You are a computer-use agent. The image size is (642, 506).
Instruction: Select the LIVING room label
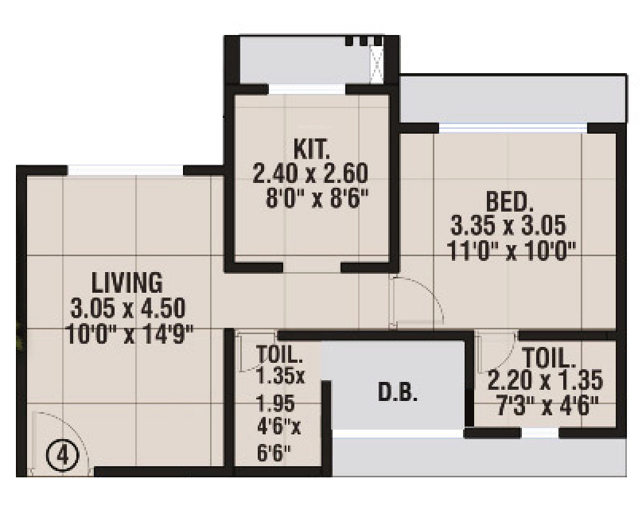[127, 282]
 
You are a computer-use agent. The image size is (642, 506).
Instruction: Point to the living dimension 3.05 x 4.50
[128, 308]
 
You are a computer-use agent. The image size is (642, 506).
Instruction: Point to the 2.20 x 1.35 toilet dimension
[546, 379]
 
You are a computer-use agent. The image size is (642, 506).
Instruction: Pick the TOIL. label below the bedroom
[549, 356]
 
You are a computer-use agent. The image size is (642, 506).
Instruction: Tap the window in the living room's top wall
[125, 169]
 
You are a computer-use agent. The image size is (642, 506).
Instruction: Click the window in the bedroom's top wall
[513, 127]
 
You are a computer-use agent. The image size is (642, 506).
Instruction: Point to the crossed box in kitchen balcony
[376, 64]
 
